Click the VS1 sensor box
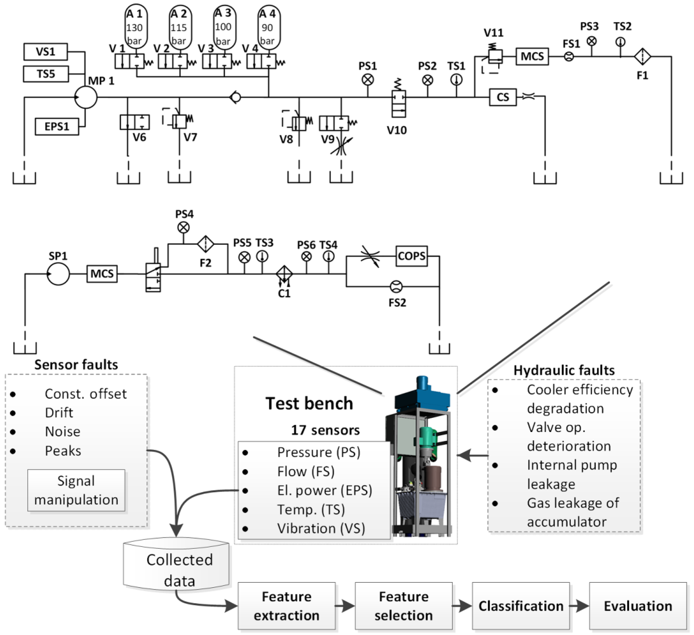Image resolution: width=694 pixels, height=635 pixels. coord(45,52)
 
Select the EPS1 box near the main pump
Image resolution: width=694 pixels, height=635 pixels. coord(57,126)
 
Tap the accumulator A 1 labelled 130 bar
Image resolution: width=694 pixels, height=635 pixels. coord(136,28)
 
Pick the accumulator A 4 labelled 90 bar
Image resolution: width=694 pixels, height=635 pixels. coord(269,28)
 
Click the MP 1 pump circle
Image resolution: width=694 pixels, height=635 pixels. coord(86,97)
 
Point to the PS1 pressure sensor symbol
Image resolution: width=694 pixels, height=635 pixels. coord(368,80)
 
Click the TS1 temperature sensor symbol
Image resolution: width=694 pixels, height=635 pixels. coord(457,80)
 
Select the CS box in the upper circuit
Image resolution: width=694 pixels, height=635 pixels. coord(503,97)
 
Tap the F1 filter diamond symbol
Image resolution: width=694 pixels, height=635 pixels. coord(642,56)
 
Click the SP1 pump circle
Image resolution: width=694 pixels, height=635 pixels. coord(58,274)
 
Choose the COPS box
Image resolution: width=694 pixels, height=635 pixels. coord(411,256)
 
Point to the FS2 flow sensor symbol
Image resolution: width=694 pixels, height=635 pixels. coord(396,286)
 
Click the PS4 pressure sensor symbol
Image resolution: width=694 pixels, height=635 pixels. coord(183,227)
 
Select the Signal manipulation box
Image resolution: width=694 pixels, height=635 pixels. coord(76,490)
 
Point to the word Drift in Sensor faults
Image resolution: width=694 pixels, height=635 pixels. coord(59,413)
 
